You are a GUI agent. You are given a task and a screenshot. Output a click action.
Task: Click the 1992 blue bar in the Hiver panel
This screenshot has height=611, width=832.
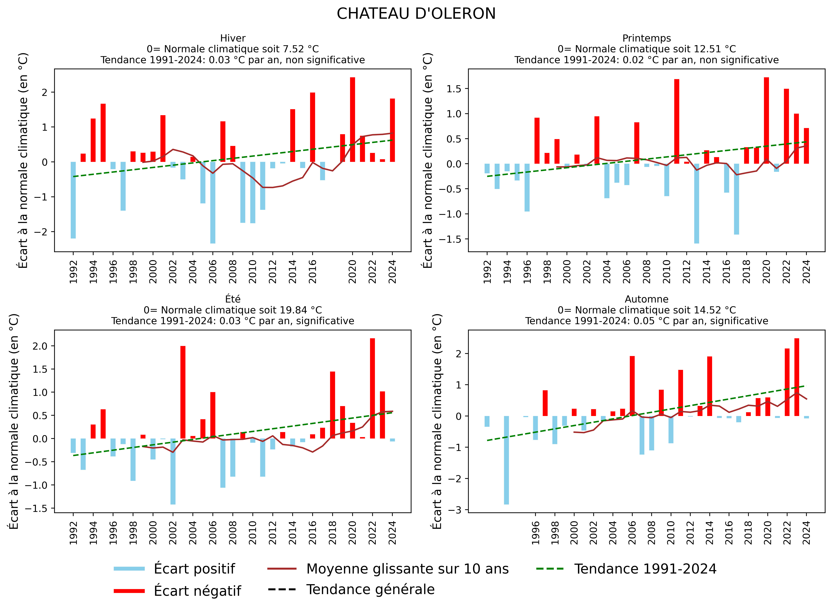click(x=73, y=200)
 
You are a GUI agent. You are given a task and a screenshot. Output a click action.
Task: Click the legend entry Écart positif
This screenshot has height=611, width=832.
click(x=194, y=569)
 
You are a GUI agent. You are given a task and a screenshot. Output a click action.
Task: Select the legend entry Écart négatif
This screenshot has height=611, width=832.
click(x=197, y=591)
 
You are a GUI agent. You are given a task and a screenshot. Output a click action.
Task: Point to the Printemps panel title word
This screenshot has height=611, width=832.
click(x=646, y=38)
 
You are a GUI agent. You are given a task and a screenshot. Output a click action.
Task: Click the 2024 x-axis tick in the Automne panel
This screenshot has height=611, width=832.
click(x=806, y=533)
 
